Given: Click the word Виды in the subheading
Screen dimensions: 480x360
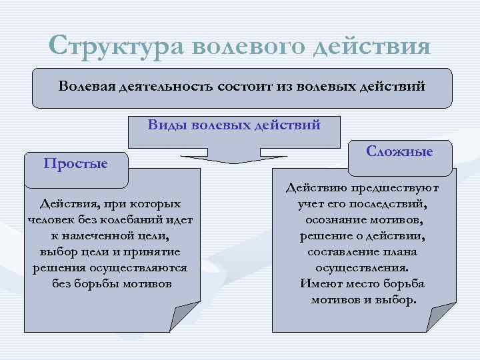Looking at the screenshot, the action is [167, 125].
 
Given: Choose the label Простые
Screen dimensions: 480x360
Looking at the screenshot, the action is [75, 163].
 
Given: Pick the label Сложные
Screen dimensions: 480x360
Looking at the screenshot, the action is [400, 151].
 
